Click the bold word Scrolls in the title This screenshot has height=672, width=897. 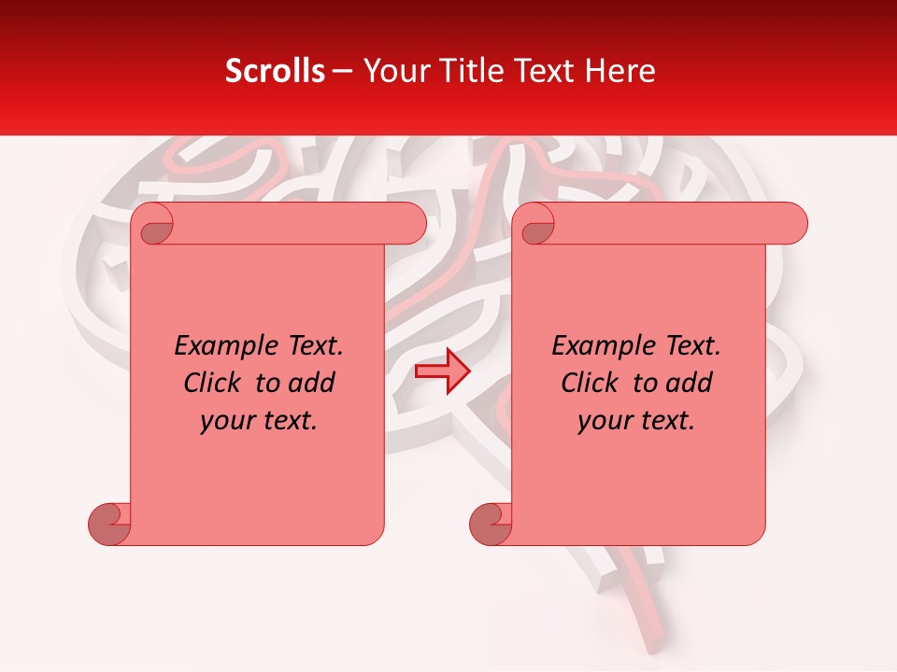(275, 71)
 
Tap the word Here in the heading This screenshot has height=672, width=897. (621, 71)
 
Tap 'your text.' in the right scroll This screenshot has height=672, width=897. (636, 420)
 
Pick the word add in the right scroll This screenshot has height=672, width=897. (691, 383)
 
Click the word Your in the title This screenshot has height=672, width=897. (393, 71)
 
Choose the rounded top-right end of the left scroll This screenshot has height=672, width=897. (411, 224)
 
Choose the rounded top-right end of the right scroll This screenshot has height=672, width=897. (792, 224)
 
